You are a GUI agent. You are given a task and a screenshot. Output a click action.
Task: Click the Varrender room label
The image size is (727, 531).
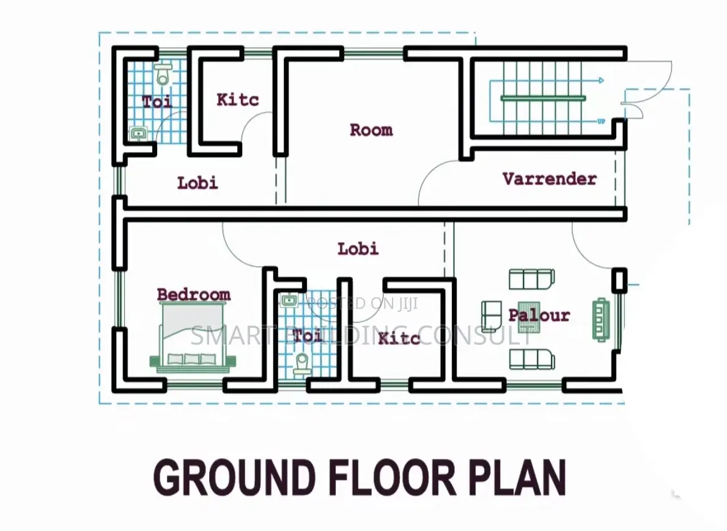pyautogui.click(x=550, y=179)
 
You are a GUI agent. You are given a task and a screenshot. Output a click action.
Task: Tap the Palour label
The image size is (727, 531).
pyautogui.click(x=539, y=315)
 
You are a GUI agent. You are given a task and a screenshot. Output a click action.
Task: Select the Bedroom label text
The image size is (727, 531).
pyautogui.click(x=194, y=294)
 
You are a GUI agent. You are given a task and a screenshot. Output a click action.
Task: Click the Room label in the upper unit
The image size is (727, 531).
pyautogui.click(x=371, y=130)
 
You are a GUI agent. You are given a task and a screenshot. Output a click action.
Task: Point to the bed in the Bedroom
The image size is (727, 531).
pyautogui.click(x=193, y=337)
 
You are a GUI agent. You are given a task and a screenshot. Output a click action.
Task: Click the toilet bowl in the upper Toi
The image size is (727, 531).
pyautogui.click(x=162, y=74)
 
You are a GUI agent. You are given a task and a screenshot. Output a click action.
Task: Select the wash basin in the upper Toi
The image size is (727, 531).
pyautogui.click(x=138, y=133)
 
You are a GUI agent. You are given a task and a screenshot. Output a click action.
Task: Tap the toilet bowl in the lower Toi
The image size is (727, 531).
pyautogui.click(x=302, y=364)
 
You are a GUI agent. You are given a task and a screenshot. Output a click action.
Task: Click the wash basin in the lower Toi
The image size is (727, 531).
pyautogui.click(x=289, y=301)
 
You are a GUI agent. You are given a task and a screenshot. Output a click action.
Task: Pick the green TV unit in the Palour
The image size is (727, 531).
pyautogui.click(x=601, y=319)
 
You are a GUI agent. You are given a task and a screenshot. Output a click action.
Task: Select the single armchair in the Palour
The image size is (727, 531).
pyautogui.click(x=491, y=316)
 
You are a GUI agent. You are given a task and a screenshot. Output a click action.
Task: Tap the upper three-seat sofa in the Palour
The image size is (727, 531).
pyautogui.click(x=532, y=279)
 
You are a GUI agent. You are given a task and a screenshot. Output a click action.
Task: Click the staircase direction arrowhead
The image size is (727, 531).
pyautogui.click(x=601, y=80)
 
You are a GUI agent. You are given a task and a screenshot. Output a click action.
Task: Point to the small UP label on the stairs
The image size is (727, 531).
pyautogui.click(x=601, y=122)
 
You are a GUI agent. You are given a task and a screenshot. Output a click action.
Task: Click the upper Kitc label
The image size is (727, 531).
pyautogui.click(x=237, y=100)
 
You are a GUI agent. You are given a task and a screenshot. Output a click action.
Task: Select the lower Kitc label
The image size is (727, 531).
pyautogui.click(x=399, y=338)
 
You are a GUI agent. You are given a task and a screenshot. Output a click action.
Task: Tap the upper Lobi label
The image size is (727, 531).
pyautogui.click(x=197, y=183)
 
